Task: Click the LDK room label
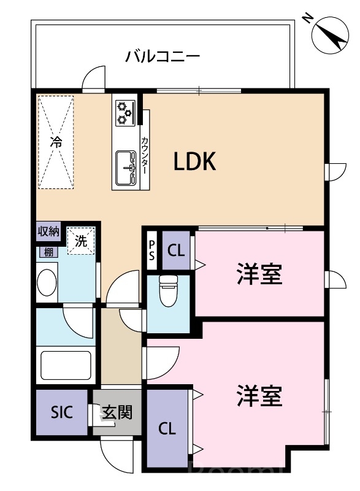(x=196, y=162)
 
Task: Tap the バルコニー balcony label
(x=163, y=58)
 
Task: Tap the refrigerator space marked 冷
(x=56, y=142)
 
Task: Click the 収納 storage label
(x=49, y=231)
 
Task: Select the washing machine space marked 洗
(x=81, y=241)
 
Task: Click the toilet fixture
(x=168, y=290)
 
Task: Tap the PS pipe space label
(x=151, y=251)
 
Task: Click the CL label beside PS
(x=176, y=250)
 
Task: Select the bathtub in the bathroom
(x=66, y=365)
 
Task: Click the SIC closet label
(x=61, y=412)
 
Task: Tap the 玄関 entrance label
(x=117, y=412)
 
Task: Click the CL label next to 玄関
(x=167, y=429)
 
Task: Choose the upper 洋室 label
(x=259, y=274)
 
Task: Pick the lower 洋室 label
(x=259, y=396)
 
